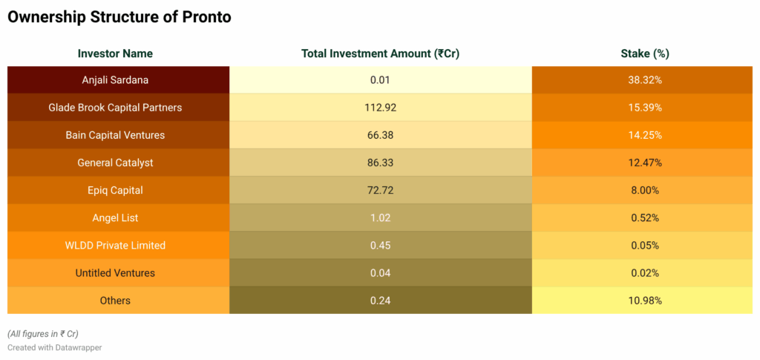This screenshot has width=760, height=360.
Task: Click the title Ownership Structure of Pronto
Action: click(x=119, y=17)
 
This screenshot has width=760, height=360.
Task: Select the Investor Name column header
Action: click(x=115, y=53)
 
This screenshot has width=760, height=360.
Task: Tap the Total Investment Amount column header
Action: click(x=381, y=53)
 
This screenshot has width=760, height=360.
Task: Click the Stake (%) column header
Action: click(x=645, y=53)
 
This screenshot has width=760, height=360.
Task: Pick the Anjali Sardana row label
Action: click(x=115, y=80)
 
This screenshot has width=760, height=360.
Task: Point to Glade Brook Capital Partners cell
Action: click(x=115, y=108)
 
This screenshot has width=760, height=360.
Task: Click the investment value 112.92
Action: click(x=381, y=108)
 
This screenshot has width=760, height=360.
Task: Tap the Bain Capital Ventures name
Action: click(x=115, y=135)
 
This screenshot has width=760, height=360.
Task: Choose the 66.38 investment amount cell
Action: click(x=381, y=135)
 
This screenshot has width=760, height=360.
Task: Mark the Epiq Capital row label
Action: click(x=115, y=191)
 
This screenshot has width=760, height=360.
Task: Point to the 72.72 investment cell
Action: click(x=381, y=191)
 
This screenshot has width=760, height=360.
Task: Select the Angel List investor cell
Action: click(x=115, y=218)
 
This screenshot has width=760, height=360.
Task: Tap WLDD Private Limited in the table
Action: click(x=115, y=246)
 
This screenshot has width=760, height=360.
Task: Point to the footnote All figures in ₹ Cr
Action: click(x=42, y=333)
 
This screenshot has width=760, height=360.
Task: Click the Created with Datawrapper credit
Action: click(x=55, y=347)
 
